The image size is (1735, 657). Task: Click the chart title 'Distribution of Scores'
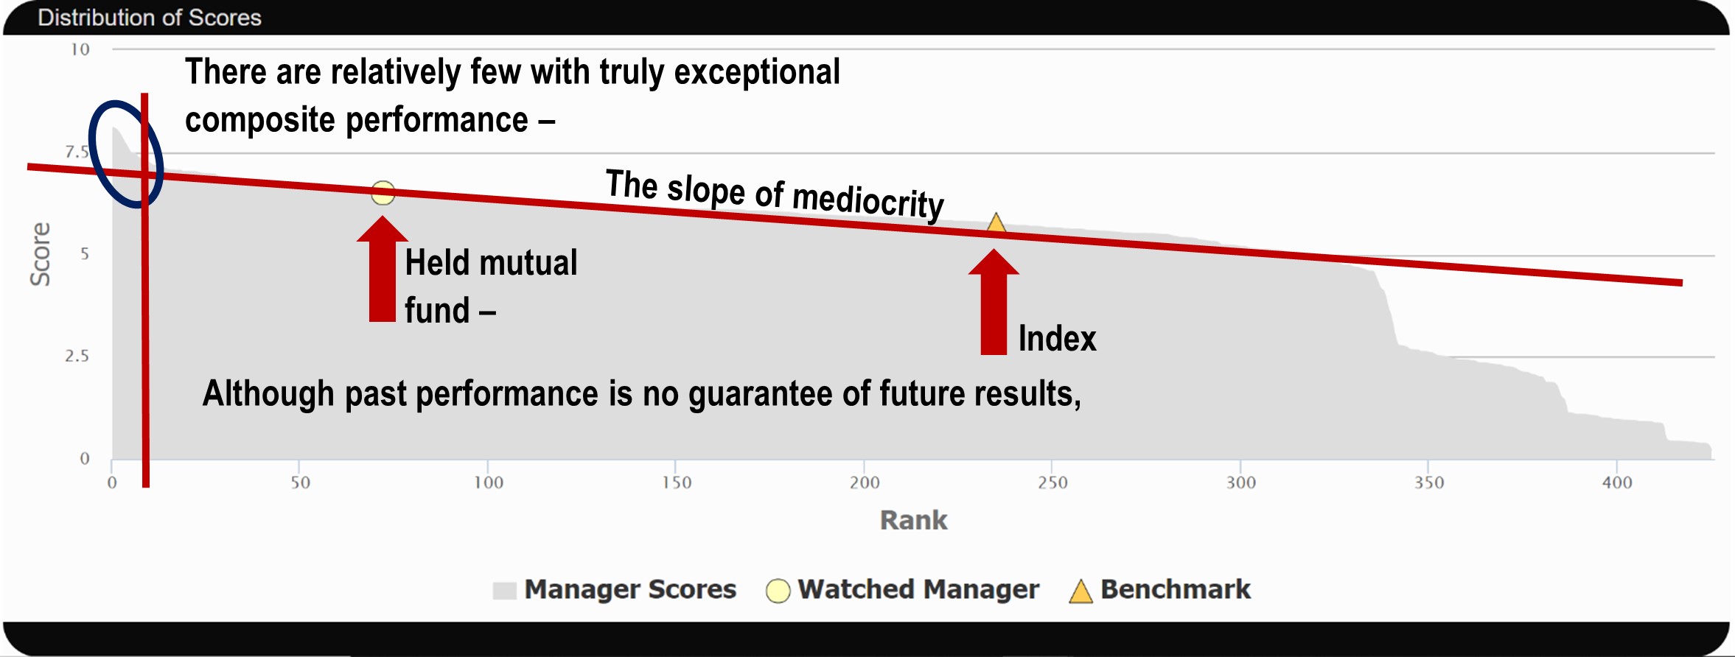(x=150, y=18)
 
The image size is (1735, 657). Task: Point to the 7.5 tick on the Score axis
(x=77, y=152)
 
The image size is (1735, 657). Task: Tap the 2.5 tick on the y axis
(x=77, y=356)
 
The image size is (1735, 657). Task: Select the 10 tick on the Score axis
(x=80, y=49)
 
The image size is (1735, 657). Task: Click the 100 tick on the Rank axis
(x=488, y=482)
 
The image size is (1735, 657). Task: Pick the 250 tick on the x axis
(x=1052, y=482)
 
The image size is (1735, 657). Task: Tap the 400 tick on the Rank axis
(x=1617, y=482)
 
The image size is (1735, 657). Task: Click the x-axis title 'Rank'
(x=914, y=520)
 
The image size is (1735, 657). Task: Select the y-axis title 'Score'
(x=41, y=254)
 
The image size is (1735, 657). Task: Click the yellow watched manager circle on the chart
(x=383, y=193)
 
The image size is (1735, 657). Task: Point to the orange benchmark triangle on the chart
(x=996, y=222)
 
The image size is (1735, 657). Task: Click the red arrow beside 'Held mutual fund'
(x=382, y=269)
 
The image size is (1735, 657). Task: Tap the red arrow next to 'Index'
(x=994, y=302)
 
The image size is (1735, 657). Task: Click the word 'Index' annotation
(x=1058, y=339)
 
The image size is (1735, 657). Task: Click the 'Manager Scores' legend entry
(x=615, y=589)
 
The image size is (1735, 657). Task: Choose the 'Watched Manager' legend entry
(x=903, y=589)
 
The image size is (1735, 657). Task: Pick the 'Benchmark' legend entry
(x=1160, y=589)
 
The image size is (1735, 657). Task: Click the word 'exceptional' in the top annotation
(x=757, y=72)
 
